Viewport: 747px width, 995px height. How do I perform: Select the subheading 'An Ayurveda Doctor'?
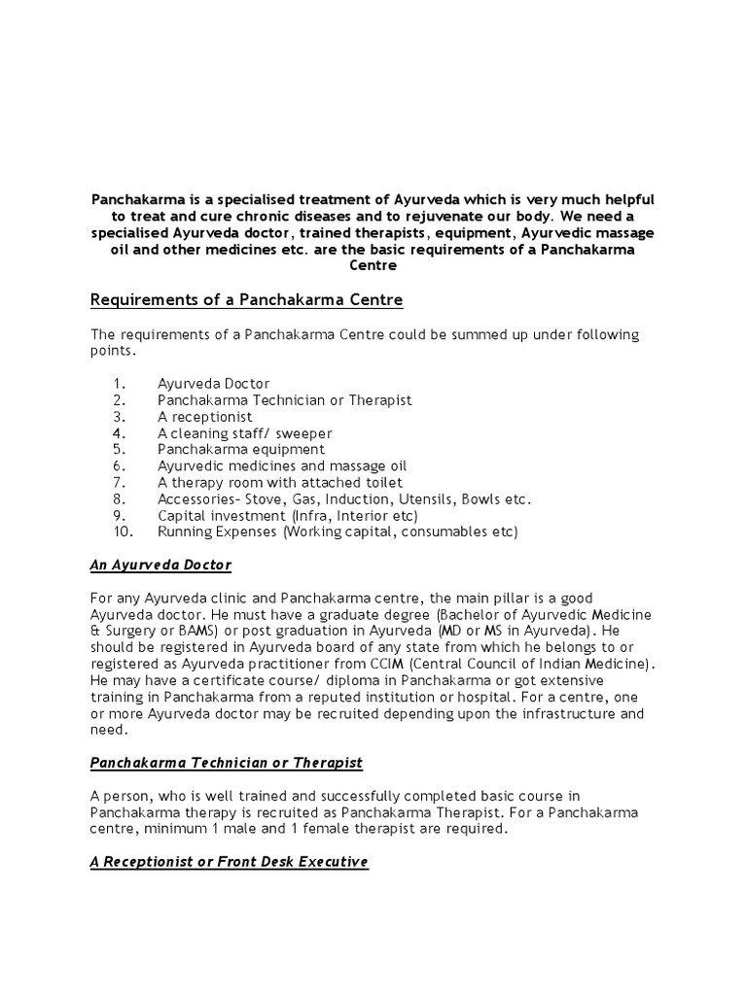160,565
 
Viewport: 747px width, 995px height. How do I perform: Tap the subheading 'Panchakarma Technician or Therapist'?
227,762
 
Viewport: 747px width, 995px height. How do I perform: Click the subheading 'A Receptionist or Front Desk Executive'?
230,862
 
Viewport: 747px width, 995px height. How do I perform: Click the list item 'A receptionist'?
204,416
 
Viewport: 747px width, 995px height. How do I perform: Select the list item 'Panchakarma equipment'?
241,449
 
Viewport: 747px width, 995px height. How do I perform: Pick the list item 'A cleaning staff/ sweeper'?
244,432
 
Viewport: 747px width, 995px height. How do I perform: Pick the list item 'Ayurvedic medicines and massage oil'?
282,465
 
